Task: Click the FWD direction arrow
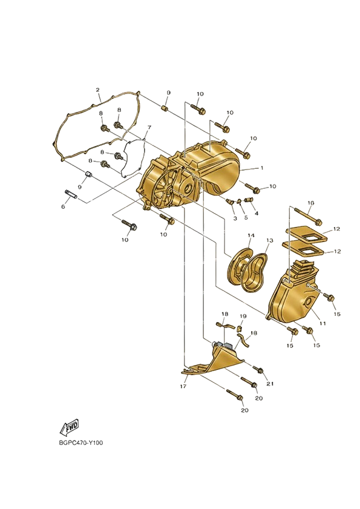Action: pos(70,427)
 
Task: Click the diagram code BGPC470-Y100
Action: pos(81,443)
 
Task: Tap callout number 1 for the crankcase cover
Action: pos(261,168)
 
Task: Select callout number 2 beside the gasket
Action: pos(97,90)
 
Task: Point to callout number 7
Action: pos(149,126)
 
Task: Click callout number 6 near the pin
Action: pos(63,206)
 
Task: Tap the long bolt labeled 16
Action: pos(308,217)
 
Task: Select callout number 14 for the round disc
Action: pos(251,235)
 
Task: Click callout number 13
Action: pos(270,240)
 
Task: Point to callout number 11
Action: pos(322,323)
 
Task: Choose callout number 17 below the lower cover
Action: pos(183,386)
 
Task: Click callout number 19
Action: pos(243,316)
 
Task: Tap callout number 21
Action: pos(270,384)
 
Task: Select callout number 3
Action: pos(235,218)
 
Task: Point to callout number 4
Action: pos(257,213)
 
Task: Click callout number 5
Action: pos(246,217)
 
